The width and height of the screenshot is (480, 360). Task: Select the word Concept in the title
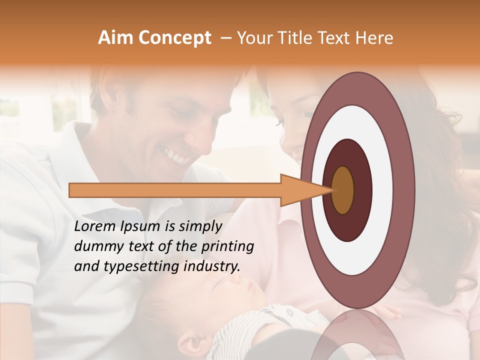point(174,38)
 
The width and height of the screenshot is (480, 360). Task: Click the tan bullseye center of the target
point(343,190)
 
